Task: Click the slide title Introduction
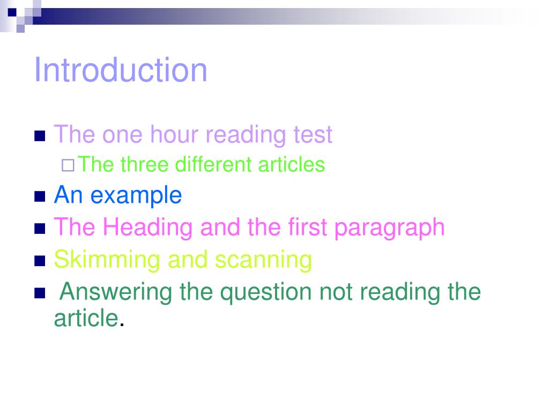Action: [x=121, y=70]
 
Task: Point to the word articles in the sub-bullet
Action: [x=292, y=164]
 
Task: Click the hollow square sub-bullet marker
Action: [x=68, y=165]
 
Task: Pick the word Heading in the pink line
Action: [x=147, y=227]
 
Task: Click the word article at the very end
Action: [x=86, y=318]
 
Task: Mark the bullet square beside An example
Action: [x=39, y=197]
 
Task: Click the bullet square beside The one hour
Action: [x=39, y=135]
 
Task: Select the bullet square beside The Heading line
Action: [x=39, y=229]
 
